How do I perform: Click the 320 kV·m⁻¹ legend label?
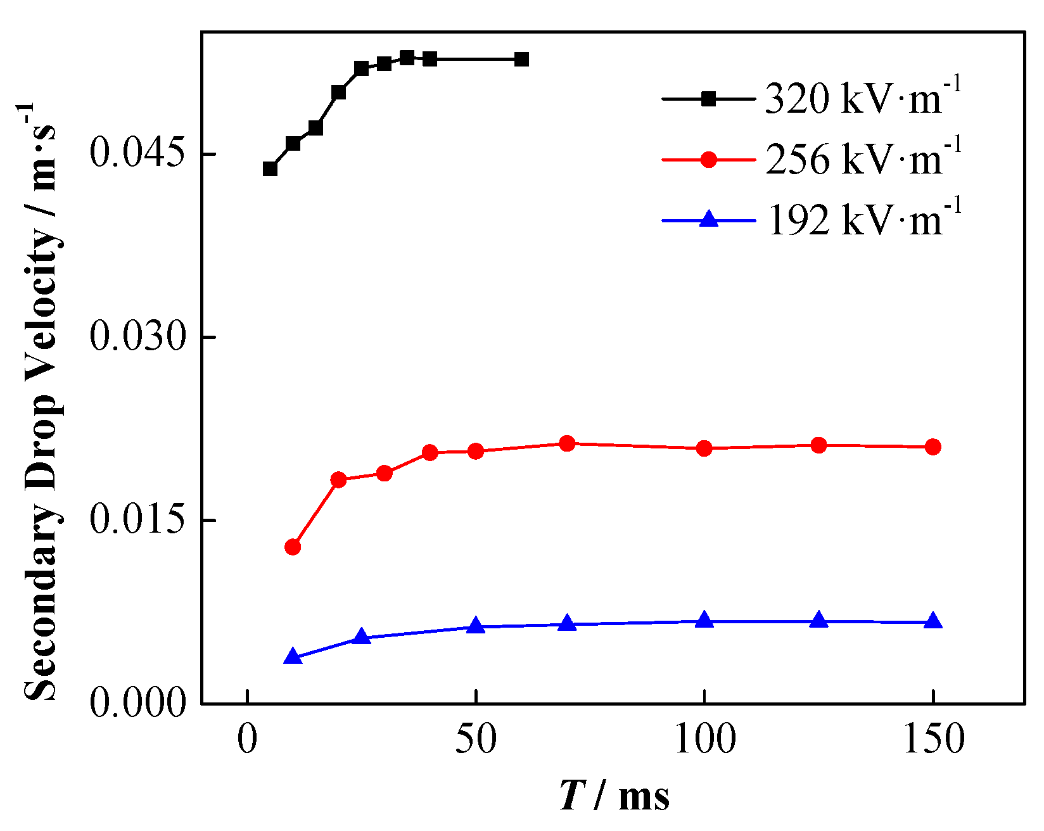click(x=863, y=98)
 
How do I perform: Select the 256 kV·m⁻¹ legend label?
click(x=863, y=158)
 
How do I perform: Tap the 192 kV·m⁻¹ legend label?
click(x=863, y=219)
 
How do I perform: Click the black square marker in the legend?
click(x=708, y=99)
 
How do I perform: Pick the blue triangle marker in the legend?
click(x=708, y=220)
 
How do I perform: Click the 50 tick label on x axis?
click(x=476, y=739)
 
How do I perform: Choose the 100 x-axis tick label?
click(x=704, y=739)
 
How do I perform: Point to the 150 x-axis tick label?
click(x=933, y=739)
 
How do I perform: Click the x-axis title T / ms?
click(x=614, y=796)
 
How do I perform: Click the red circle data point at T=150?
click(x=933, y=447)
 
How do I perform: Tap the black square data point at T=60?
click(x=521, y=60)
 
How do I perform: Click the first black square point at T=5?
click(x=270, y=169)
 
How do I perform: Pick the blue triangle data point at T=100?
click(x=704, y=621)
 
